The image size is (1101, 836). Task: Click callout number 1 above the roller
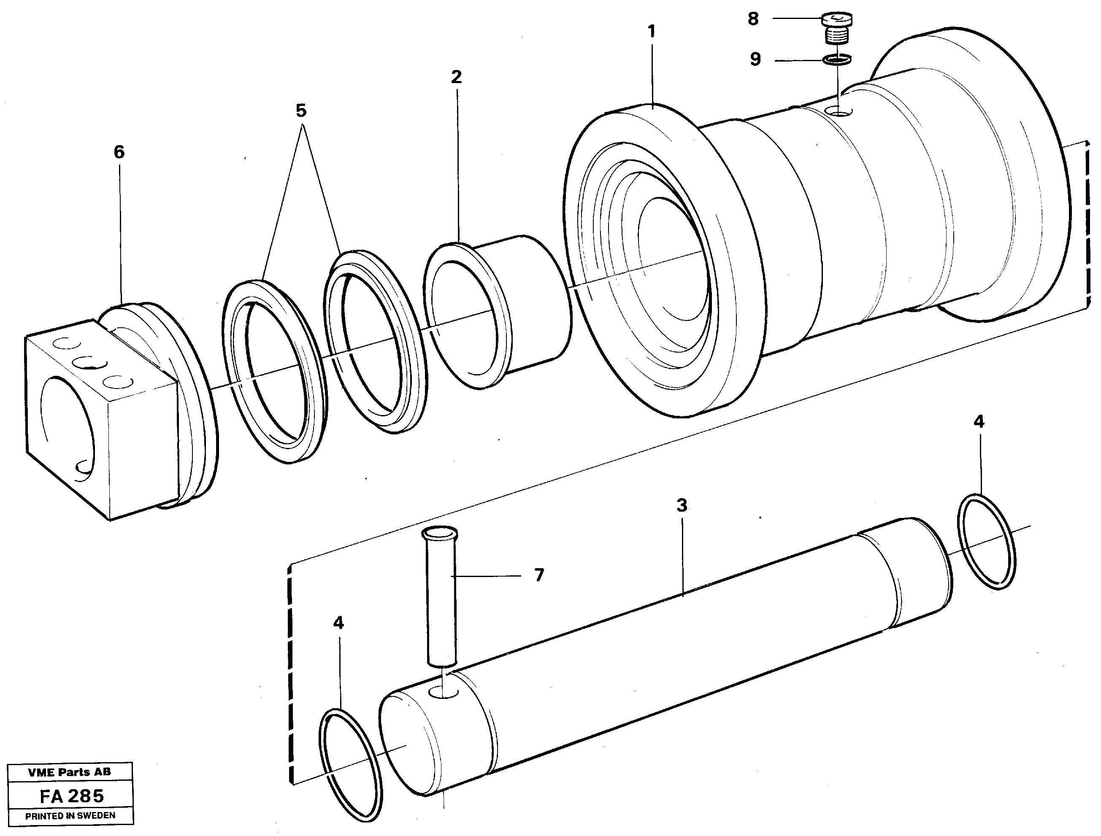tap(652, 32)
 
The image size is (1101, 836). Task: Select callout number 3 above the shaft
tap(682, 506)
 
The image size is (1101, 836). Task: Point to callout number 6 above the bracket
tap(119, 152)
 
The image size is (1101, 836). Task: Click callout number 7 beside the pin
tap(539, 575)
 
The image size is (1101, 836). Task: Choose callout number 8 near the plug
tap(753, 19)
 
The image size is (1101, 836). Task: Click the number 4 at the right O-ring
tap(979, 422)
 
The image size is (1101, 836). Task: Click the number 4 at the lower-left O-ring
tap(338, 623)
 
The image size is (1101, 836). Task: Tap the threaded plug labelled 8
tap(837, 29)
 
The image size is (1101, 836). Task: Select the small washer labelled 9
tap(837, 60)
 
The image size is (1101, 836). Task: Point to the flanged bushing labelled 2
tap(498, 313)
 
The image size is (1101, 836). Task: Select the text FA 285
tap(72, 797)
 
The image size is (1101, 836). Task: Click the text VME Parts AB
tap(69, 772)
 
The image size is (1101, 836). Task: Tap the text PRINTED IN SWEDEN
tap(70, 816)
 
